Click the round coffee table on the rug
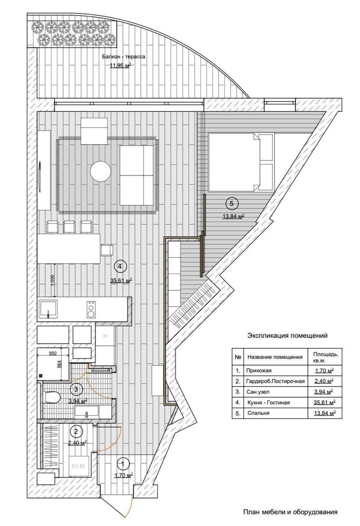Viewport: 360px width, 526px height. tap(100, 171)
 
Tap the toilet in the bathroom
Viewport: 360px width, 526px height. tap(52, 397)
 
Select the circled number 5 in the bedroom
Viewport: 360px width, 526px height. tap(232, 203)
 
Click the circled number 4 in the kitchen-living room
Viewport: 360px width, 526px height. tap(120, 267)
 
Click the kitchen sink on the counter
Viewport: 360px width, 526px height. tap(48, 309)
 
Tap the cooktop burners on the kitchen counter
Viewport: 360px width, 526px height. tap(91, 309)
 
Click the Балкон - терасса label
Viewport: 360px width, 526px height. tap(123, 57)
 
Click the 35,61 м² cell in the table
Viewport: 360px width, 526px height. tap(324, 402)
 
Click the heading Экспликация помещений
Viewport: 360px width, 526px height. tap(287, 336)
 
